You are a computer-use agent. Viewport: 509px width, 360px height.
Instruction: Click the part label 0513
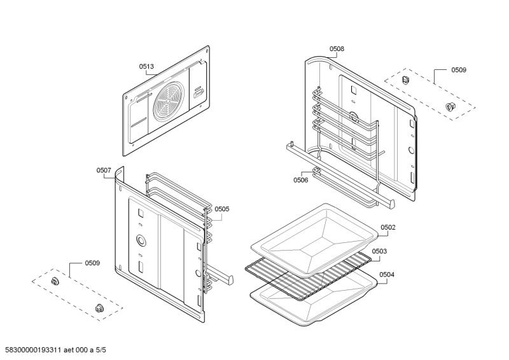(147, 66)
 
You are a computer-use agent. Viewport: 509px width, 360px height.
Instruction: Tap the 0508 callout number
(337, 48)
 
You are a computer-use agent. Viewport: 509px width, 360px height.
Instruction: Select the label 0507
(104, 170)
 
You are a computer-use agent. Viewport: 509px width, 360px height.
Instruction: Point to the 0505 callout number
(222, 209)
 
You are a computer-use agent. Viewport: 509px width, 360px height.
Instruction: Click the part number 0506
(301, 180)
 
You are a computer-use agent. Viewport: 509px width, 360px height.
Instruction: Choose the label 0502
(388, 227)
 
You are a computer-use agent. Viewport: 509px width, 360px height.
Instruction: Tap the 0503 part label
(379, 251)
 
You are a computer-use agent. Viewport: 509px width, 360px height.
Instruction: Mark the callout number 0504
(387, 275)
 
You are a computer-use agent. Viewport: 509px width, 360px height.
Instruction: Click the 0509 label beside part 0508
(459, 69)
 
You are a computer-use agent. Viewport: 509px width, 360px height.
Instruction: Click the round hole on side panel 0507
(140, 240)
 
